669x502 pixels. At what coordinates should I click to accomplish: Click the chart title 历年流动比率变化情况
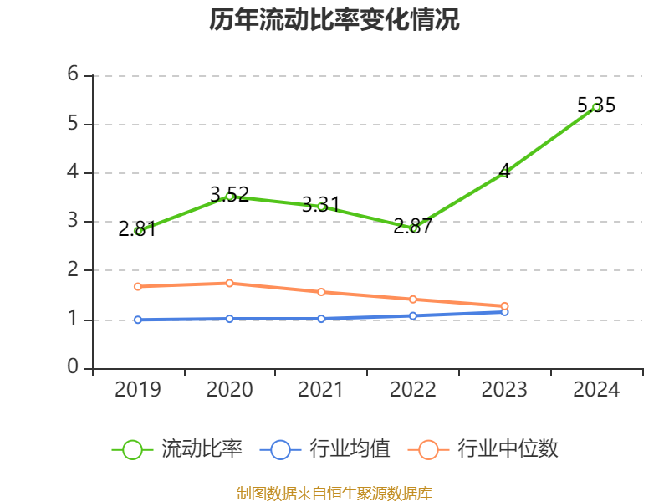[334, 20]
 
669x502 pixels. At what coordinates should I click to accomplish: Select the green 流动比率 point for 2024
[596, 107]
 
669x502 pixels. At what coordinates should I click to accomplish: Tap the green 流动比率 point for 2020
[229, 197]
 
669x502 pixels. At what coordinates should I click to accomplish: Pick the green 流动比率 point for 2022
[413, 228]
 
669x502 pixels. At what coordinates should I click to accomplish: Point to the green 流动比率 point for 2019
[138, 231]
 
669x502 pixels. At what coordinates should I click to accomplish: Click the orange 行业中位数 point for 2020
[229, 283]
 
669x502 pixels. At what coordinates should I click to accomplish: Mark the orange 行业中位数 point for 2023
[505, 306]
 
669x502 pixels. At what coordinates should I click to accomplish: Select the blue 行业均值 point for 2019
[138, 320]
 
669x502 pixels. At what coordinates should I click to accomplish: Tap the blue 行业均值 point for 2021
[321, 319]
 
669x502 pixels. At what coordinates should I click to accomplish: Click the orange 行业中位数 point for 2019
[138, 286]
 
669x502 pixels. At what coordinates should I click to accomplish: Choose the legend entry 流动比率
[178, 449]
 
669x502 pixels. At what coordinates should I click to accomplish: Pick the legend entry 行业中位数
[484, 449]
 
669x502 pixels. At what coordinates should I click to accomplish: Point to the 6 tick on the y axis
[73, 74]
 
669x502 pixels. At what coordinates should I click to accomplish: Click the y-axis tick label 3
[73, 221]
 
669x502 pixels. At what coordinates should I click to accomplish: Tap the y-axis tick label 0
[73, 367]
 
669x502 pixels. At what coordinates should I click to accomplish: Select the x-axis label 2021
[321, 390]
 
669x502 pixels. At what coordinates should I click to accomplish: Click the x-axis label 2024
[596, 390]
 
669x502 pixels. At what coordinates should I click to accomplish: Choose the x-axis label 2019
[138, 390]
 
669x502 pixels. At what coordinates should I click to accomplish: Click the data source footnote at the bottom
[334, 493]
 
